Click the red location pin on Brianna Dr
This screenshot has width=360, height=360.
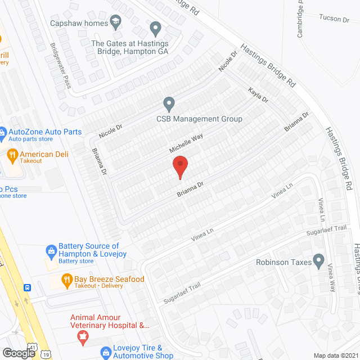click(x=180, y=167)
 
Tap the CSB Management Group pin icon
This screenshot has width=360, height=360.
click(x=168, y=103)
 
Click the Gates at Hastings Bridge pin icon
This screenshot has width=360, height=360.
click(x=156, y=28)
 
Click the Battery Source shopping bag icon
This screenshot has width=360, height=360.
click(x=51, y=250)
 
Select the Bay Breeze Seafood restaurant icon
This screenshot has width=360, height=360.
click(x=66, y=280)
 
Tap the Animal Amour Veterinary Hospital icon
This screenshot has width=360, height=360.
click(x=83, y=336)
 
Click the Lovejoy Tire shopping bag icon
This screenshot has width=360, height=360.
click(x=105, y=352)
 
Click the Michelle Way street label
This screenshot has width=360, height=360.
click(x=186, y=143)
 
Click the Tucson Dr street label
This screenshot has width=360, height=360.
click(x=334, y=19)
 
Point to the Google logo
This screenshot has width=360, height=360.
click(x=19, y=353)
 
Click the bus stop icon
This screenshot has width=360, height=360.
click(x=28, y=288)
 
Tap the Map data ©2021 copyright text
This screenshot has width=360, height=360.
click(x=335, y=355)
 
